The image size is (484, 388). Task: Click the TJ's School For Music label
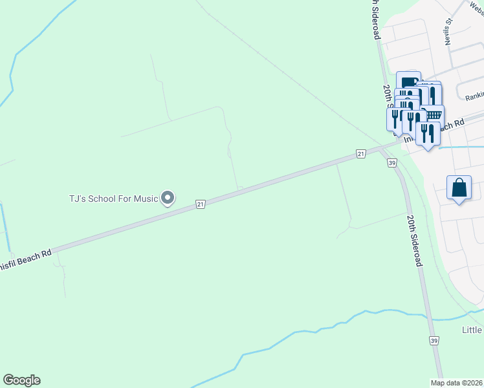click(113, 199)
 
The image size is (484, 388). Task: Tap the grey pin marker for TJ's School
click(168, 198)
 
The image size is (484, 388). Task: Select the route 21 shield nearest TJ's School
click(201, 204)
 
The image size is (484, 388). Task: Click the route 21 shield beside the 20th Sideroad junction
click(361, 153)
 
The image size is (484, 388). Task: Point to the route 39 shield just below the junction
click(392, 164)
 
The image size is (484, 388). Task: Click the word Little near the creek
click(472, 330)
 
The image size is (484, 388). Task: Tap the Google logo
click(21, 380)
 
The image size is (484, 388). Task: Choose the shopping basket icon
click(433, 114)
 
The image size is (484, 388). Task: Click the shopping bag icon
click(459, 188)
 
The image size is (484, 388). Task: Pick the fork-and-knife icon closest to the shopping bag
click(427, 133)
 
